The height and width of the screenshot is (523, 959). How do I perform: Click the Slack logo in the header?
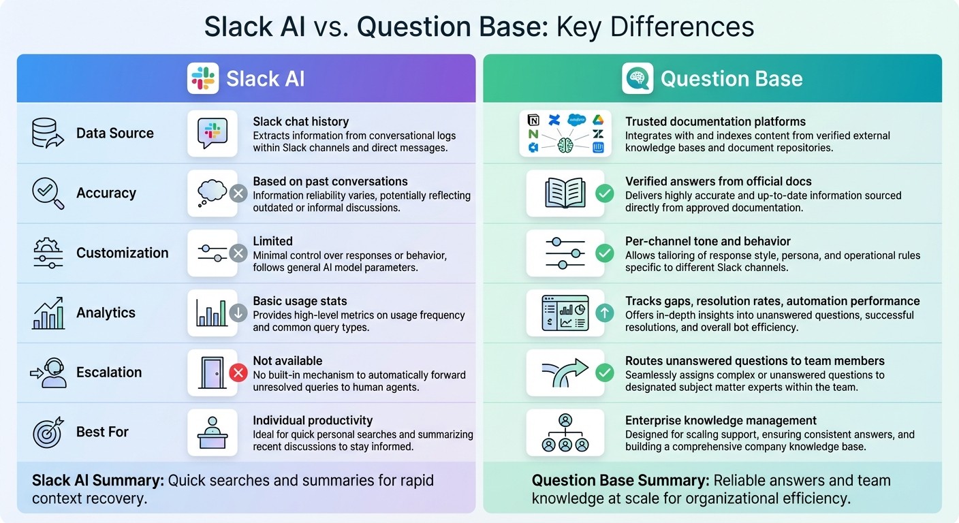pos(203,78)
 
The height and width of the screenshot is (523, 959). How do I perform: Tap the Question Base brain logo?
pos(638,78)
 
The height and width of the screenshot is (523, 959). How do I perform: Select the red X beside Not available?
pos(238,373)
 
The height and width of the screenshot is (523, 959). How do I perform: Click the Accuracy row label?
pos(106,193)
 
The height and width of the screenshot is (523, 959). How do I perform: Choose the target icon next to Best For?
pos(48,432)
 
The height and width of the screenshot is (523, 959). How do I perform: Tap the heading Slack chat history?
pos(300,121)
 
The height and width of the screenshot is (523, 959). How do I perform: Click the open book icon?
pos(565,193)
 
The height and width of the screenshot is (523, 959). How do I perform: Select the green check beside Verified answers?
pos(604,193)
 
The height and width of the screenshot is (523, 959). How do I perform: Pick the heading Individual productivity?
pos(313,420)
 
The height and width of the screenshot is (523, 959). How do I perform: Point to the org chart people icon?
pos(565,432)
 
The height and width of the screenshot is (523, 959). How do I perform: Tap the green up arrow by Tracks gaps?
pos(604,313)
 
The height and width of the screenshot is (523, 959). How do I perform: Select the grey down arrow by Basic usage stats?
pos(238,313)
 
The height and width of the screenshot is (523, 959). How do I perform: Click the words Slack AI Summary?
pos(97,481)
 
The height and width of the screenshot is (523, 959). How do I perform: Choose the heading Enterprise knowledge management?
pos(721,420)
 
